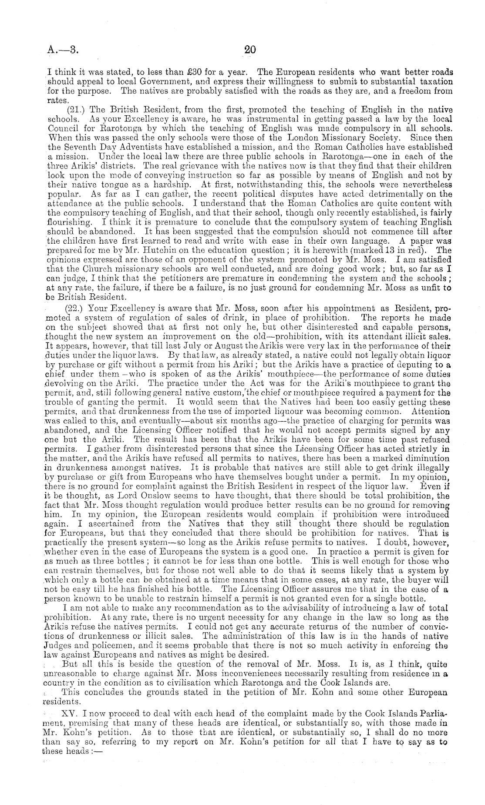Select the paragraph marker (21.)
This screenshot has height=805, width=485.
(77, 110)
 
